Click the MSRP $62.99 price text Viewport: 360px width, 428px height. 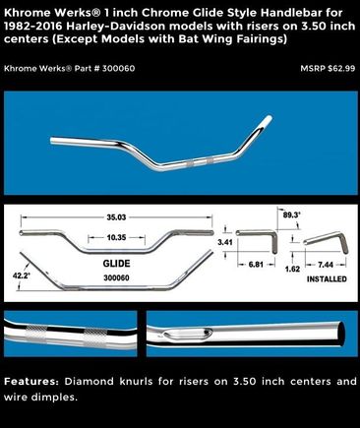point(328,68)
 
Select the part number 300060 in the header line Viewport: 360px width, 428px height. point(118,68)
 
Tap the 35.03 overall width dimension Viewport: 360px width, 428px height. point(116,217)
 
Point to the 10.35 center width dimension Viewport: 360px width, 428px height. point(116,237)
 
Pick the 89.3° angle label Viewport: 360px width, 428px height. point(291,215)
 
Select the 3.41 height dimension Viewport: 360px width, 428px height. point(225,242)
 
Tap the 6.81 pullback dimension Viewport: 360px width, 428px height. point(256,264)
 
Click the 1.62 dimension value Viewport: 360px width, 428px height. point(292,270)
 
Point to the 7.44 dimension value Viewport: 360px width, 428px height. point(326,265)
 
